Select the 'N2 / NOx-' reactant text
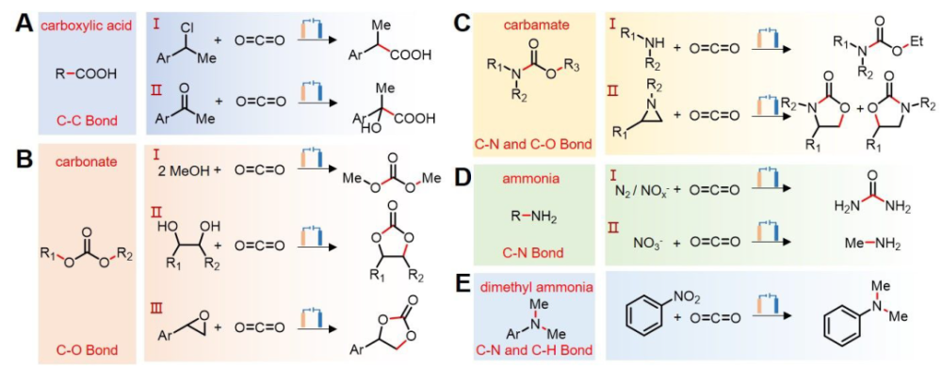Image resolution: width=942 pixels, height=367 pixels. coord(639,191)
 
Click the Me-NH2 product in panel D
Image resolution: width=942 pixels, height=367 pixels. coord(865,245)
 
